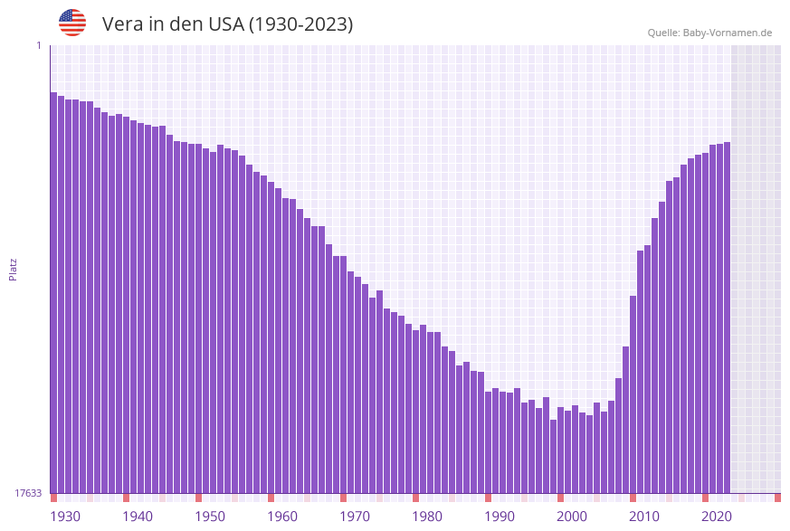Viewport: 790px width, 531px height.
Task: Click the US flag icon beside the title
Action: click(72, 23)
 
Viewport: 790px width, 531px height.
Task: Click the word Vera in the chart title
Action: click(122, 24)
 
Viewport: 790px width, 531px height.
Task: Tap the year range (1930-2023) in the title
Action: click(300, 24)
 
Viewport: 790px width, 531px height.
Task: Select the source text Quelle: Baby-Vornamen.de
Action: click(709, 33)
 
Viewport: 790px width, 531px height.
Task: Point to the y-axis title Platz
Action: click(14, 269)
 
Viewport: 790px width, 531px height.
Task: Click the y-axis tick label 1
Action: click(38, 45)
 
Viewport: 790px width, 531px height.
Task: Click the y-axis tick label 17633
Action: click(28, 493)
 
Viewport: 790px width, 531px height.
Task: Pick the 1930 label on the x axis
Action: click(65, 517)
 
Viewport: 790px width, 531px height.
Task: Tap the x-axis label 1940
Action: click(138, 517)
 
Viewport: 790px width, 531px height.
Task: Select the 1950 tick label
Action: click(210, 517)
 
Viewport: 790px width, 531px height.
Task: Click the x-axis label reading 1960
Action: click(282, 517)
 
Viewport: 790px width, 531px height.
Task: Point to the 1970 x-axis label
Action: click(355, 517)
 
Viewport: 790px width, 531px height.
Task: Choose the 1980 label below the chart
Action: click(427, 517)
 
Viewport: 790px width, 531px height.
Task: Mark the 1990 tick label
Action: click(500, 517)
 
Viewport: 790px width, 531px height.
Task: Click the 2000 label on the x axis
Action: click(572, 517)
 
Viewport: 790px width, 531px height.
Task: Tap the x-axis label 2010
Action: click(644, 517)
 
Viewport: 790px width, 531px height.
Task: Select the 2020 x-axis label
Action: click(717, 517)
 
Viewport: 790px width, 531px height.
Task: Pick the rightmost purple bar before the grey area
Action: click(727, 317)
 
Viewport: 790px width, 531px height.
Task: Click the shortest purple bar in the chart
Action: click(553, 456)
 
